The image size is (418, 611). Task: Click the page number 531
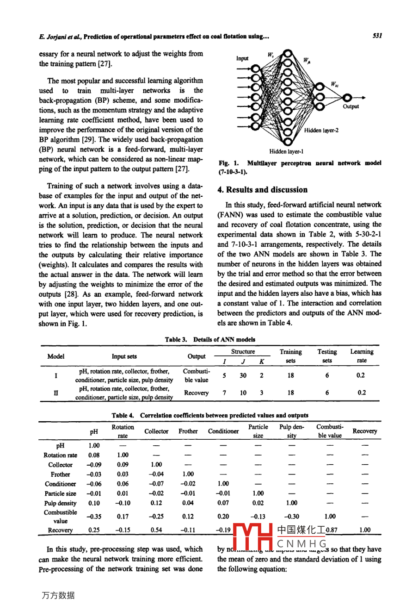point(377,36)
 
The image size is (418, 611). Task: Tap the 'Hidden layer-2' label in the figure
point(321,131)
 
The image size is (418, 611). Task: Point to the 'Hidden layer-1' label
point(286,151)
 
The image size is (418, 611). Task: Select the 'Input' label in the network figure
point(242,59)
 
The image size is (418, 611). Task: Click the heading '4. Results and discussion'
point(262,190)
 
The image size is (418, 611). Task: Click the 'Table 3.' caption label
point(176,340)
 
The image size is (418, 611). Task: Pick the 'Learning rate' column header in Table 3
point(362,356)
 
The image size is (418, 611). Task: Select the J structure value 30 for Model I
point(243,376)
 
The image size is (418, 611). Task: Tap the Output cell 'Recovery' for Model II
point(196,393)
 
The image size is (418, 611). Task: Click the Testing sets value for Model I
point(327,376)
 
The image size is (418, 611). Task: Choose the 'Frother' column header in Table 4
point(188,431)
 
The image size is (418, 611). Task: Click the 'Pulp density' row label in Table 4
point(60,503)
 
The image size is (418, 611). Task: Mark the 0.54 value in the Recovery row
point(156,530)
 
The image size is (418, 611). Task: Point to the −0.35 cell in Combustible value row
point(94,517)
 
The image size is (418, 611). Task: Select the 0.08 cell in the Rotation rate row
point(94,455)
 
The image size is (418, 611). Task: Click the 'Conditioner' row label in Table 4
point(60,484)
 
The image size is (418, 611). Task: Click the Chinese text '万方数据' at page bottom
point(58,596)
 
